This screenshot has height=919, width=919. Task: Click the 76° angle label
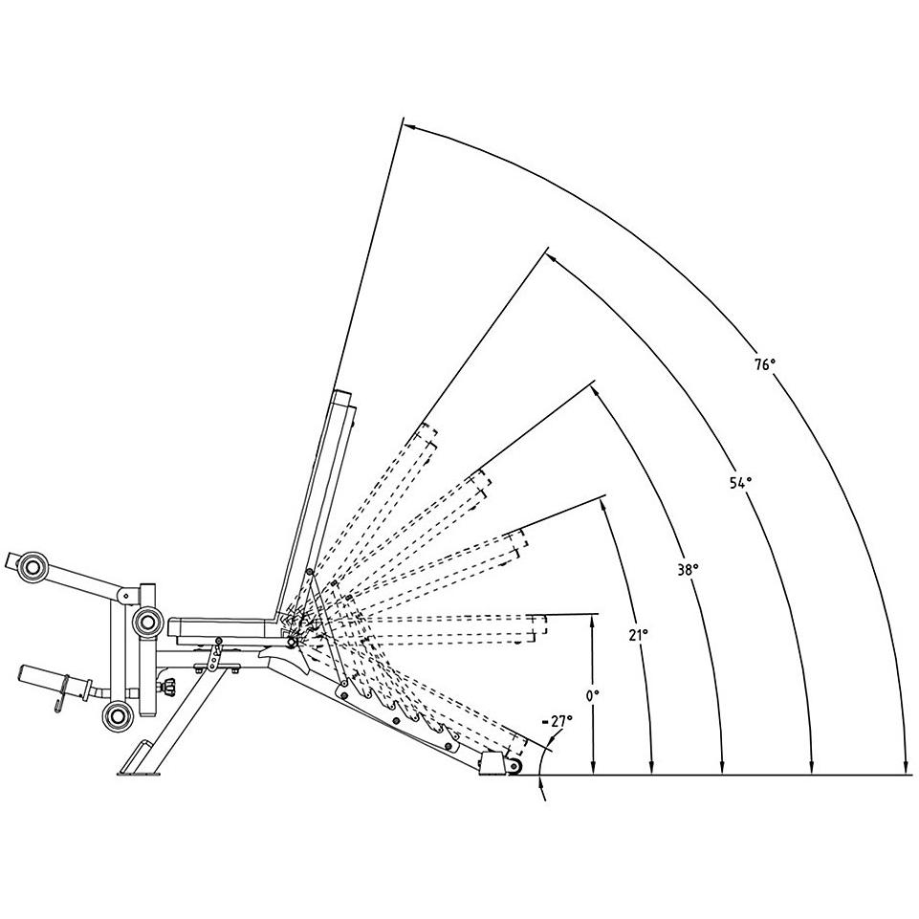pos(764,364)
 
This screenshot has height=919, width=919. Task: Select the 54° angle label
pos(740,483)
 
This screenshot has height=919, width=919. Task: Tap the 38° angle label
pos(688,569)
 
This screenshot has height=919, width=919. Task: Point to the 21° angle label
pos(639,634)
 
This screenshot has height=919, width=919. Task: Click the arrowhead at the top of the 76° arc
pos(407,123)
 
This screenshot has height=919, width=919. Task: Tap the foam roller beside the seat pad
pos(146,623)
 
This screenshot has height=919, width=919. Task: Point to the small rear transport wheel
pos(515,767)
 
